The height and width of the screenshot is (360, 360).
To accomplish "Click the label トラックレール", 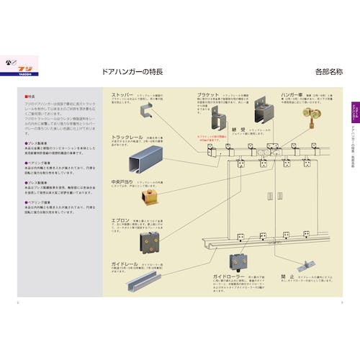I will [127, 137].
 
